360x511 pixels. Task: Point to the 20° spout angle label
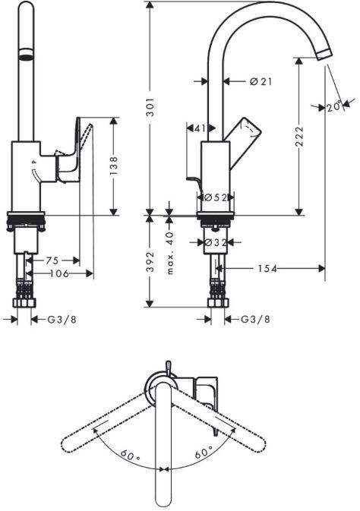pos(334,107)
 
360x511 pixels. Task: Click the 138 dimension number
pos(115,166)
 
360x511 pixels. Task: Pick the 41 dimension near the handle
pos(200,129)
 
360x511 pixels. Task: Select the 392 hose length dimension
pos(151,262)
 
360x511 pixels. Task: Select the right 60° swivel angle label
pos(202,453)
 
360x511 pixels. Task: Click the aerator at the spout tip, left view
pos(26,55)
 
